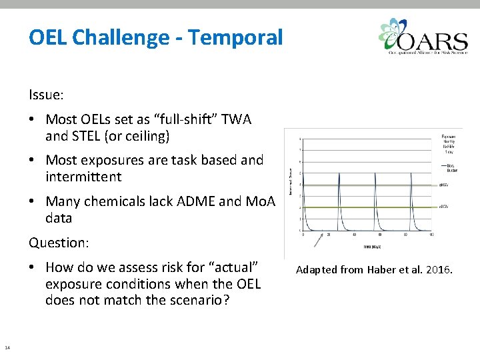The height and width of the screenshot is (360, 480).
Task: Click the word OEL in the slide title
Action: (47, 37)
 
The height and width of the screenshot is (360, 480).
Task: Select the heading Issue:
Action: (46, 95)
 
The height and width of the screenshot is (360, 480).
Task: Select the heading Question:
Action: (58, 243)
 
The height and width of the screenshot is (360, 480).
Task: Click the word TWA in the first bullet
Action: (237, 119)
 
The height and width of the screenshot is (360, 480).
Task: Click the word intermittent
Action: (83, 177)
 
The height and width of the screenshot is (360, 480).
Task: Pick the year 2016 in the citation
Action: (438, 270)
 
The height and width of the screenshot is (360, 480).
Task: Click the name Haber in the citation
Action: (377, 270)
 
